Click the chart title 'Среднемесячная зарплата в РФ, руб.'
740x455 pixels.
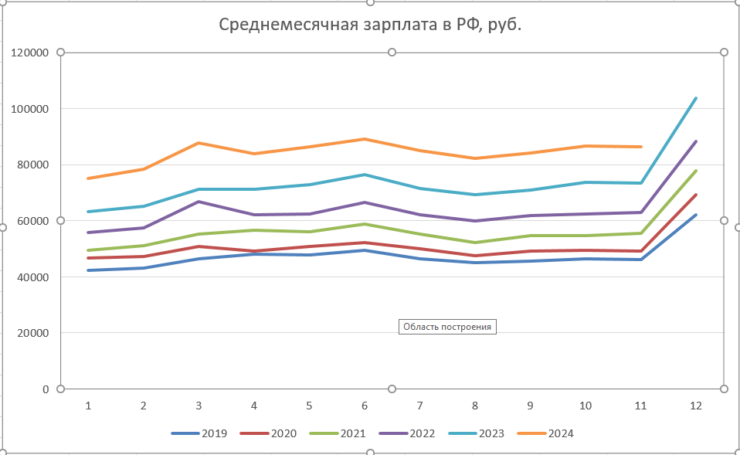(x=370, y=25)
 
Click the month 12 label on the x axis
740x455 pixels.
(x=696, y=406)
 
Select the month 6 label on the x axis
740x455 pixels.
(x=365, y=406)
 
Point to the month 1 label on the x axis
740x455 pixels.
(x=88, y=406)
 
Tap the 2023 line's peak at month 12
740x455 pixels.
(x=696, y=98)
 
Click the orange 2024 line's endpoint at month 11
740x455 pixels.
(x=641, y=147)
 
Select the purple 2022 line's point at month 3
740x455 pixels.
(x=199, y=202)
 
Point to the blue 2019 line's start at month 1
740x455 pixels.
(x=88, y=270)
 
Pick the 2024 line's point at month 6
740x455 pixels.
(x=365, y=139)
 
